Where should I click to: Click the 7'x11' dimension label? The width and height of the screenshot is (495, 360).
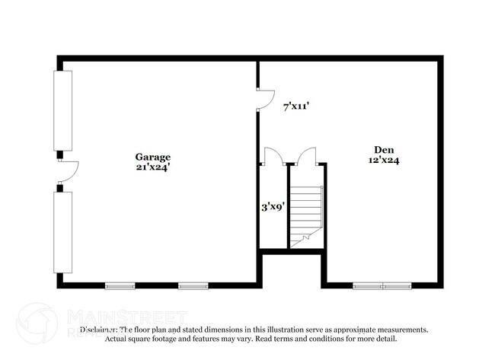[295, 107]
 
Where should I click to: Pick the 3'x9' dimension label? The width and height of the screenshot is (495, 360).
[273, 205]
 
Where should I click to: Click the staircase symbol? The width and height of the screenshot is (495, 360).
[308, 213]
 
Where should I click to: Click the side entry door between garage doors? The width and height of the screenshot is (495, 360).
[67, 171]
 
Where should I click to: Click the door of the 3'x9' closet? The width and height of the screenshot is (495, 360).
[273, 156]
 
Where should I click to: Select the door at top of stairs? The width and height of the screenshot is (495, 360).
[308, 156]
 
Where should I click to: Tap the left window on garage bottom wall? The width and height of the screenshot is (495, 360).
[120, 286]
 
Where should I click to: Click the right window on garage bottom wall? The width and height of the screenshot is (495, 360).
[193, 286]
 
